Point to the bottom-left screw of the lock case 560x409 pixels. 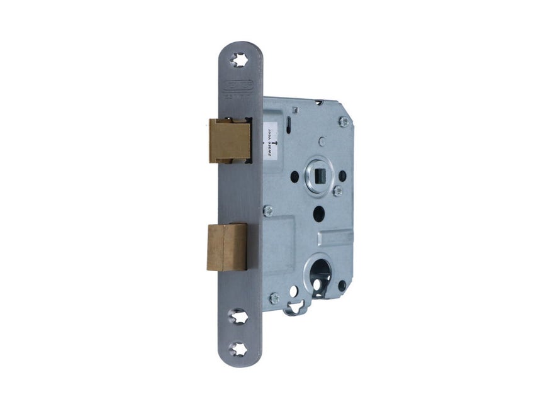coord(274,298)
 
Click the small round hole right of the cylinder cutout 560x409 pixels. coord(342,285)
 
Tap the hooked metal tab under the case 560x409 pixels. coord(294,309)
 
